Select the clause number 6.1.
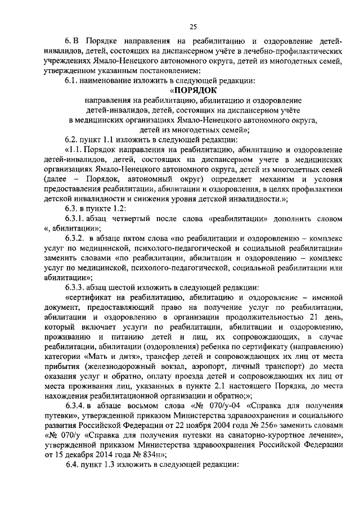71,80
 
